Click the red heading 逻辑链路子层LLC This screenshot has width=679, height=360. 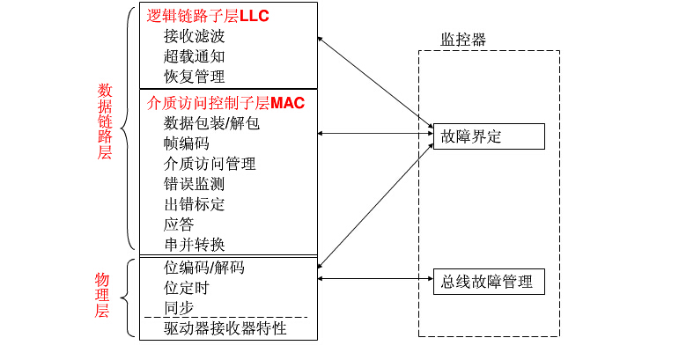click(208, 16)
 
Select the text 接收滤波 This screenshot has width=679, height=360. click(194, 36)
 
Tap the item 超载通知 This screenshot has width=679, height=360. click(194, 56)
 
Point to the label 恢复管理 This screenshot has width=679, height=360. click(194, 77)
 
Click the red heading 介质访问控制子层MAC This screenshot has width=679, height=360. click(225, 103)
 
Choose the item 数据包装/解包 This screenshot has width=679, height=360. click(211, 123)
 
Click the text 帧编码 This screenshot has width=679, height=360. click(186, 143)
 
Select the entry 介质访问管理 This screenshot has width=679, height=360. click(210, 164)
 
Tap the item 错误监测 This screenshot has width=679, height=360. click(194, 184)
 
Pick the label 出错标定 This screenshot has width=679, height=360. click(194, 204)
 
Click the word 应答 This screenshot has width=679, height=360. click(179, 224)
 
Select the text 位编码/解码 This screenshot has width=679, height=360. click(204, 268)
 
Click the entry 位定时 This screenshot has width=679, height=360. click(186, 288)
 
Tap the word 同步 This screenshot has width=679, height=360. click(179, 308)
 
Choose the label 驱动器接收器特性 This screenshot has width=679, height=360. click(225, 329)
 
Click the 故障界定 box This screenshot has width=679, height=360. click(489, 136)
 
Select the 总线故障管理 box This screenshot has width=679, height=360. click(489, 282)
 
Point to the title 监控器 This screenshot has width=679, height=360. click(463, 40)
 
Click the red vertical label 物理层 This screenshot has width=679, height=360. click(102, 294)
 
